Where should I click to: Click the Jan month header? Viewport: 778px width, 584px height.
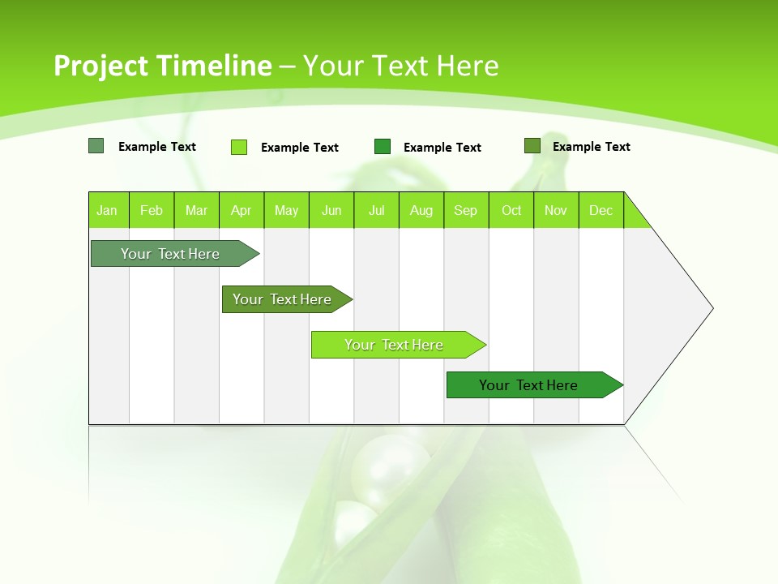pos(107,211)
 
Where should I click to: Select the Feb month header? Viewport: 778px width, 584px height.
pos(152,211)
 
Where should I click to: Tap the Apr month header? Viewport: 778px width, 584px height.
pos(241,211)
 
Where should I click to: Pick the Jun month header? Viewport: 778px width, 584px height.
pos(331,211)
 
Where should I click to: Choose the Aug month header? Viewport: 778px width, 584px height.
pos(421,211)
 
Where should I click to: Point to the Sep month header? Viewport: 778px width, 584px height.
pos(466,211)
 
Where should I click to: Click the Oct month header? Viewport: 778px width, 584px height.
pos(511,211)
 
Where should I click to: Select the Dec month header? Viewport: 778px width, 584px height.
pos(601,211)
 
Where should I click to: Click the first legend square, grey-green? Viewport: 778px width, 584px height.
pos(96,146)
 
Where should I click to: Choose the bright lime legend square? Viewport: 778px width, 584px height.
pos(239,147)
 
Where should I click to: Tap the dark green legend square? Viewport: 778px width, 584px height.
pos(383,146)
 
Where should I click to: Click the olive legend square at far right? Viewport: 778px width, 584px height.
pos(532,146)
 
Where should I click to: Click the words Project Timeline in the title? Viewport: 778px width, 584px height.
pos(162,66)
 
